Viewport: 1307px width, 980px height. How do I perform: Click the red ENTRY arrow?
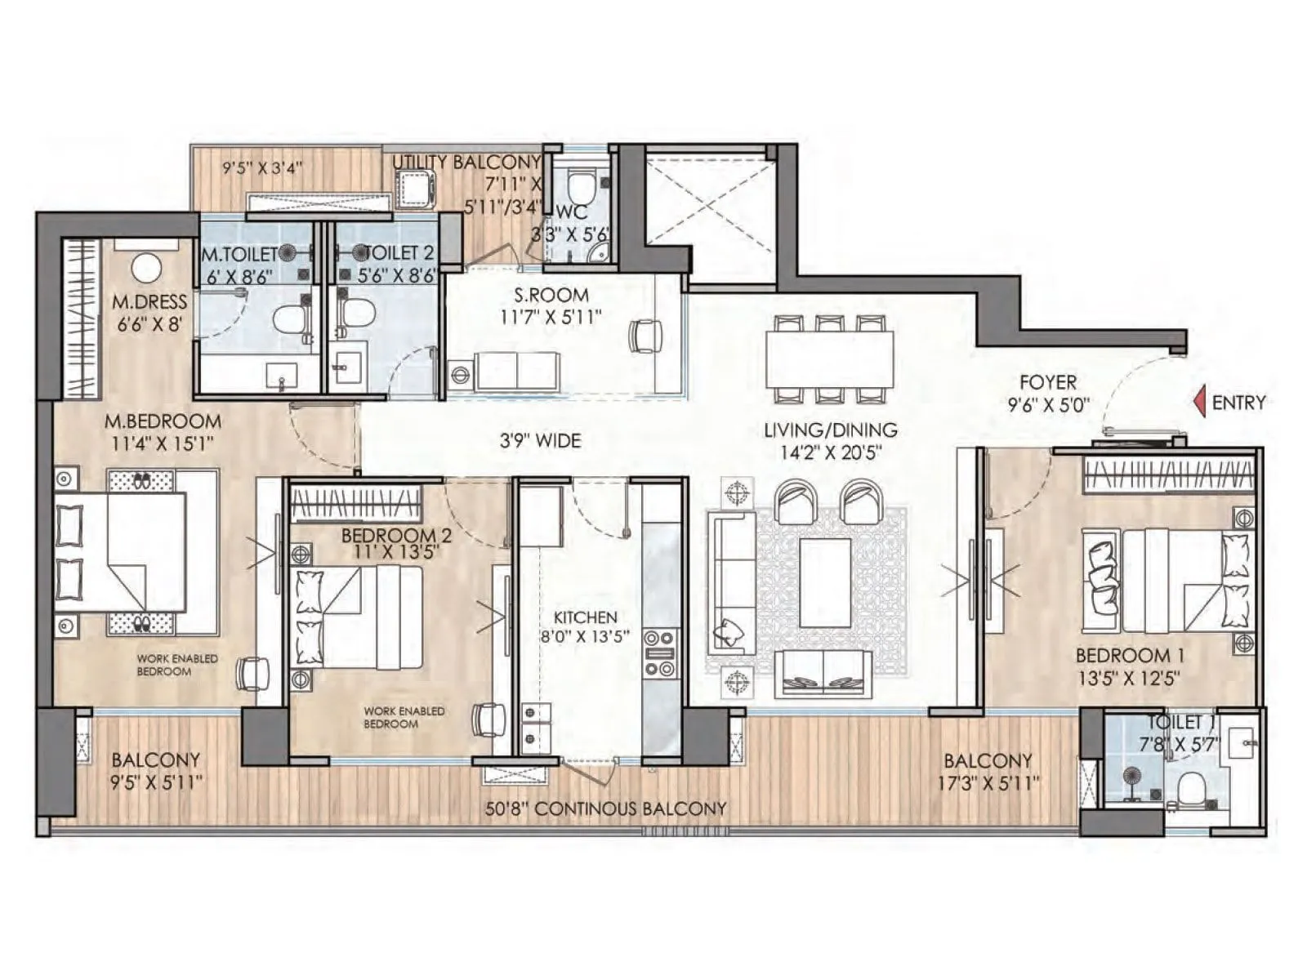[x=1199, y=402]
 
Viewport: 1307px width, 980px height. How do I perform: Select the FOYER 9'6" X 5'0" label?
[x=1048, y=392]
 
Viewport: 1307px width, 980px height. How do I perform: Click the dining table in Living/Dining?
[x=829, y=359]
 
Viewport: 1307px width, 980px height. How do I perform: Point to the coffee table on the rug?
[x=825, y=582]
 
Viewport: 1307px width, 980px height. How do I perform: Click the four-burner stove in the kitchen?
[x=660, y=653]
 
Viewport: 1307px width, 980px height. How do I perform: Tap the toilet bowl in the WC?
[x=582, y=187]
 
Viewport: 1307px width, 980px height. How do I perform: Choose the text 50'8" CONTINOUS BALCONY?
[x=605, y=808]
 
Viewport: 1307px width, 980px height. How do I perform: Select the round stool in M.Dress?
[x=147, y=268]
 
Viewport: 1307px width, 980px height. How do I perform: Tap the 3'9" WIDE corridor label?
[x=540, y=441]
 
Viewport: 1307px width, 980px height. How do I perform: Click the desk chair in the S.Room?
[x=645, y=335]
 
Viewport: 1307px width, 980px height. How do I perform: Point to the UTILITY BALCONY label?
[x=466, y=162]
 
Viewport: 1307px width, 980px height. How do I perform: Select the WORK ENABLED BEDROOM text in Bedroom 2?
[x=404, y=717]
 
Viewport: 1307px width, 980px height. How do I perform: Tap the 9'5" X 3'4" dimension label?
[x=262, y=168]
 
